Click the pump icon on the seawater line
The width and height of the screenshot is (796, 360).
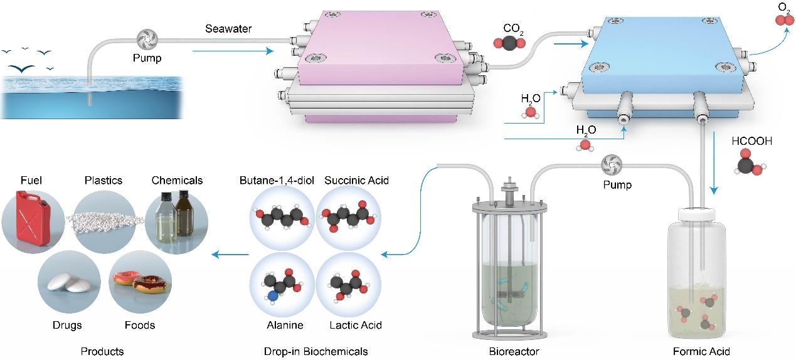(147, 38)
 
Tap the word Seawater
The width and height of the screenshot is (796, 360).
(224, 29)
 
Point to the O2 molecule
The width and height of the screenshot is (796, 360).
(780, 20)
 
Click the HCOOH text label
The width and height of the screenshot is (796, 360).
(751, 142)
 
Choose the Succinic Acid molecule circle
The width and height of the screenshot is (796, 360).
(348, 220)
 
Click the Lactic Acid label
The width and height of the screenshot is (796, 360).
(355, 325)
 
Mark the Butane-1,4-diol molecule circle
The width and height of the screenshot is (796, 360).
(282, 220)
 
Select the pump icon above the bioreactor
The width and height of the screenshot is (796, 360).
(611, 164)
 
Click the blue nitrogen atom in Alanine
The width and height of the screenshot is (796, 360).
(271, 295)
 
